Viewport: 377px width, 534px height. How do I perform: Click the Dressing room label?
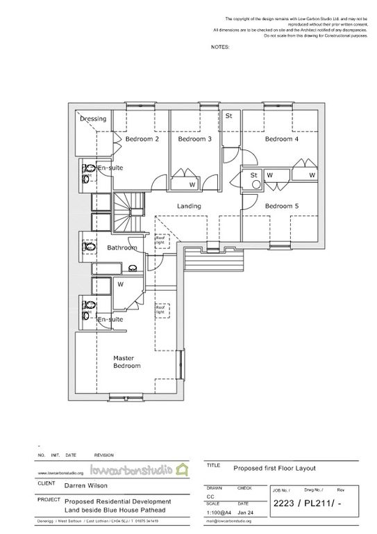(x=92, y=119)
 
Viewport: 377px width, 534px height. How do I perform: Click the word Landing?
(x=189, y=207)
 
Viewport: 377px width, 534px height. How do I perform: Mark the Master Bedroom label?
(x=127, y=362)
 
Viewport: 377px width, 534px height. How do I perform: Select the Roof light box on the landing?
(x=160, y=241)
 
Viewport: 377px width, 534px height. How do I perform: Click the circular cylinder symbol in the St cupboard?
(x=256, y=186)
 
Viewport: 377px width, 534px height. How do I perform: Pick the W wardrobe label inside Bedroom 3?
(x=192, y=184)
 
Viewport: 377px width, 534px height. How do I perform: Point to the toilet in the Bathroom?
(x=88, y=247)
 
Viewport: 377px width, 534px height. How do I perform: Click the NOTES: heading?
(x=219, y=47)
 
